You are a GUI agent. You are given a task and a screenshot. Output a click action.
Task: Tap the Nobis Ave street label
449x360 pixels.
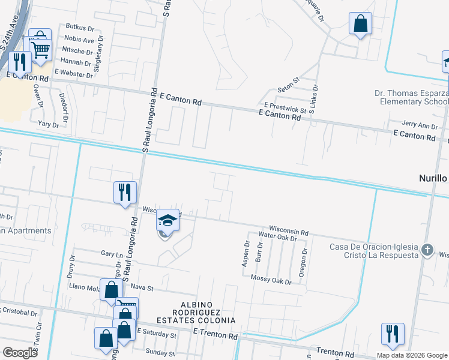click(79, 40)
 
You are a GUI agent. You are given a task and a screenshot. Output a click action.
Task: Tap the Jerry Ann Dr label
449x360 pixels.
click(420, 125)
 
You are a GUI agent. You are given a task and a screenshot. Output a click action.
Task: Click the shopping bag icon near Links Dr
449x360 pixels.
click(360, 25)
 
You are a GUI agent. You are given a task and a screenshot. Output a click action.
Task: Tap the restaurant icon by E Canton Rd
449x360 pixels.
click(20, 62)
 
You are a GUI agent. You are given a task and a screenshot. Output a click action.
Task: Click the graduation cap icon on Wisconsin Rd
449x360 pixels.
click(168, 220)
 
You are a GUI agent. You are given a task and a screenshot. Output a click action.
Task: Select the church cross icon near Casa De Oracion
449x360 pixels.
click(427, 248)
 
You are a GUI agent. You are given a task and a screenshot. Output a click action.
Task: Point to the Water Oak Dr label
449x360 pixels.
click(277, 237)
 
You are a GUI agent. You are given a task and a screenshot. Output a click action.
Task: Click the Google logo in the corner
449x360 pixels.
click(20, 353)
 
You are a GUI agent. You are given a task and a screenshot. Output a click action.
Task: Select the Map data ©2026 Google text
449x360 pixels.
click(411, 355)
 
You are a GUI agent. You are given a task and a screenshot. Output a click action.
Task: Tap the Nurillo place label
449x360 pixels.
click(433, 178)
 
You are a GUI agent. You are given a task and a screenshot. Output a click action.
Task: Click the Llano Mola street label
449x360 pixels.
click(85, 288)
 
